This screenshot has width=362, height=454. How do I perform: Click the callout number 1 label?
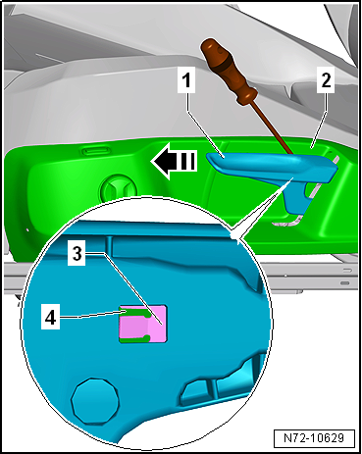tap(186, 80)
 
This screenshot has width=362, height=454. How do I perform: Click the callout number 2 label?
tap(326, 80)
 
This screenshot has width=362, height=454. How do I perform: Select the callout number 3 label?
tap(77, 254)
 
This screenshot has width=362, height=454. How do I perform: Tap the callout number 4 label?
tap(50, 317)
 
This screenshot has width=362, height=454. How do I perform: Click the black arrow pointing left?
tap(174, 161)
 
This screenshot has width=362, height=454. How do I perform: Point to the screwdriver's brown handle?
tap(229, 72)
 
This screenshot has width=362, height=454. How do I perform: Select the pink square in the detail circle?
tap(143, 325)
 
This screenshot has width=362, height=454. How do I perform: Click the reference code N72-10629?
tap(314, 438)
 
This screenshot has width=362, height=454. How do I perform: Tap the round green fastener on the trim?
tap(119, 189)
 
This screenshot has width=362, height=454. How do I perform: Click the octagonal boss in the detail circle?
tap(95, 401)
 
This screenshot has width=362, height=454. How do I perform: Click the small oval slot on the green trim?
tap(96, 151)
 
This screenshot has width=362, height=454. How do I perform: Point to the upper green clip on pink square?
tap(135, 312)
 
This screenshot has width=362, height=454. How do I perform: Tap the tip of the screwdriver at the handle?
tap(293, 154)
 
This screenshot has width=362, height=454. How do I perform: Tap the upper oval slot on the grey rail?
tap(347, 270)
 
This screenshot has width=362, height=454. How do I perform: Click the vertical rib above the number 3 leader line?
tap(109, 246)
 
